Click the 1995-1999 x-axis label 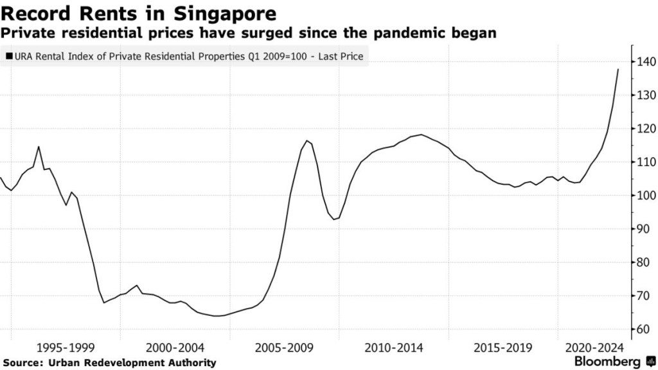click(x=66, y=347)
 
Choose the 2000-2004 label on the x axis click(x=175, y=347)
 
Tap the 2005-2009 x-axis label click(x=284, y=347)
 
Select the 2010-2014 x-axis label click(x=393, y=347)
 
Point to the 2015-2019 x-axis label click(x=502, y=347)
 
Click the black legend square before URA click(x=8, y=57)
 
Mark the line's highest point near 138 click(x=618, y=69)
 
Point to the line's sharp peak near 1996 click(x=39, y=147)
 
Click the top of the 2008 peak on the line click(x=308, y=141)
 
